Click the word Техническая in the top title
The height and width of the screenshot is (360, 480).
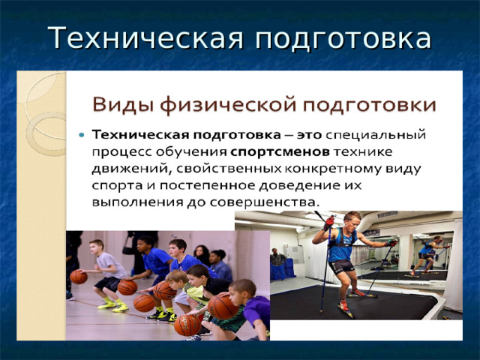[x=145, y=38]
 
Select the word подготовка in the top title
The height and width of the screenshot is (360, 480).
[x=343, y=40]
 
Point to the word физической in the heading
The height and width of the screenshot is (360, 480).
[x=228, y=106]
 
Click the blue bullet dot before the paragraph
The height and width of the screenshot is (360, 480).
[x=82, y=135]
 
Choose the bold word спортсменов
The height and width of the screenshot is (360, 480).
[x=280, y=152]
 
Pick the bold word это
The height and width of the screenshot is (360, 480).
[x=309, y=135]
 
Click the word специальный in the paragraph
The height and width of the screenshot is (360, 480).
[x=376, y=136]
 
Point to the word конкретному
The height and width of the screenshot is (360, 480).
[x=332, y=169]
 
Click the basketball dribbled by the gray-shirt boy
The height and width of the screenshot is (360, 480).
[x=79, y=277]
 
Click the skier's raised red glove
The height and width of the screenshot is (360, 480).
[x=330, y=222]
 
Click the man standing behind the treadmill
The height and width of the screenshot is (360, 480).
[x=278, y=263]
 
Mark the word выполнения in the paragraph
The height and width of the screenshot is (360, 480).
[x=137, y=202]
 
